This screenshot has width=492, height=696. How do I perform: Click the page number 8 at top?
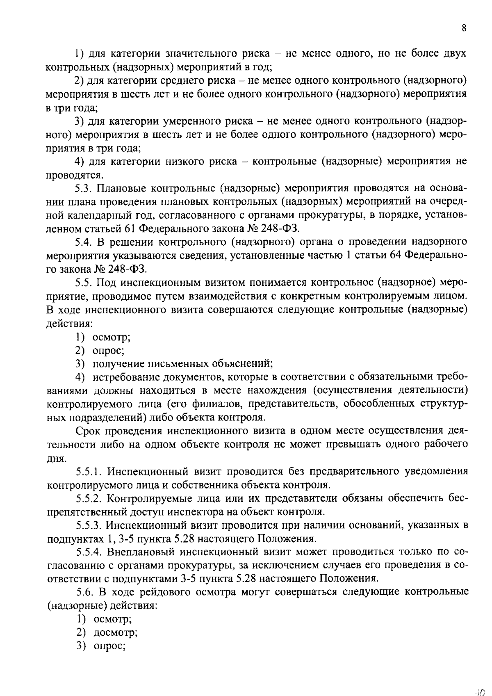coord(464,28)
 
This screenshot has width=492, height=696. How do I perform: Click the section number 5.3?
coord(85,189)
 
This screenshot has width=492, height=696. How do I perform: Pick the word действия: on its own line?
coord(69,323)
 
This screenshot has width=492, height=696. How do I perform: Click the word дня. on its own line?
coord(56,458)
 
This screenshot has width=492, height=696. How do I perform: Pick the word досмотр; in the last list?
coord(116,633)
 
